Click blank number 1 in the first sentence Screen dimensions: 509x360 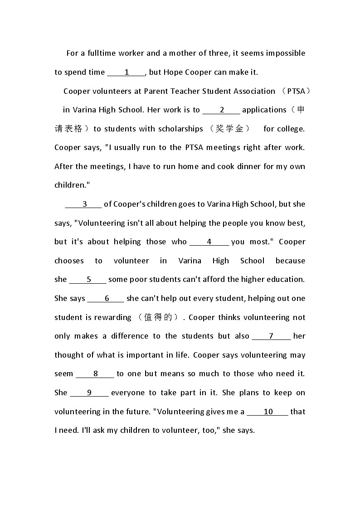coord(126,72)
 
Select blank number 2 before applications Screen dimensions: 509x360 coord(222,110)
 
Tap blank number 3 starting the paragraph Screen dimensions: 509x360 coord(84,204)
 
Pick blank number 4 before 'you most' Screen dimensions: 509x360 coord(209,242)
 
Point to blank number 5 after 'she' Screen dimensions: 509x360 coord(88,279)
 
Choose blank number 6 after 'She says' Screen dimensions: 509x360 coord(107,298)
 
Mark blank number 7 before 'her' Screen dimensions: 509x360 coord(271,336)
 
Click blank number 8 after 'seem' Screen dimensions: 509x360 coord(96,373)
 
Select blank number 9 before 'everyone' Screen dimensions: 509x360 coord(89,393)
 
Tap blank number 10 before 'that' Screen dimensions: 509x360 coord(268,412)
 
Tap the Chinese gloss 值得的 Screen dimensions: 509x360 coord(158,317)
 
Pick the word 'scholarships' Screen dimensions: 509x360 coord(180,129)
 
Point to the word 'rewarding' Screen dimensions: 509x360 coord(112,317)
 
